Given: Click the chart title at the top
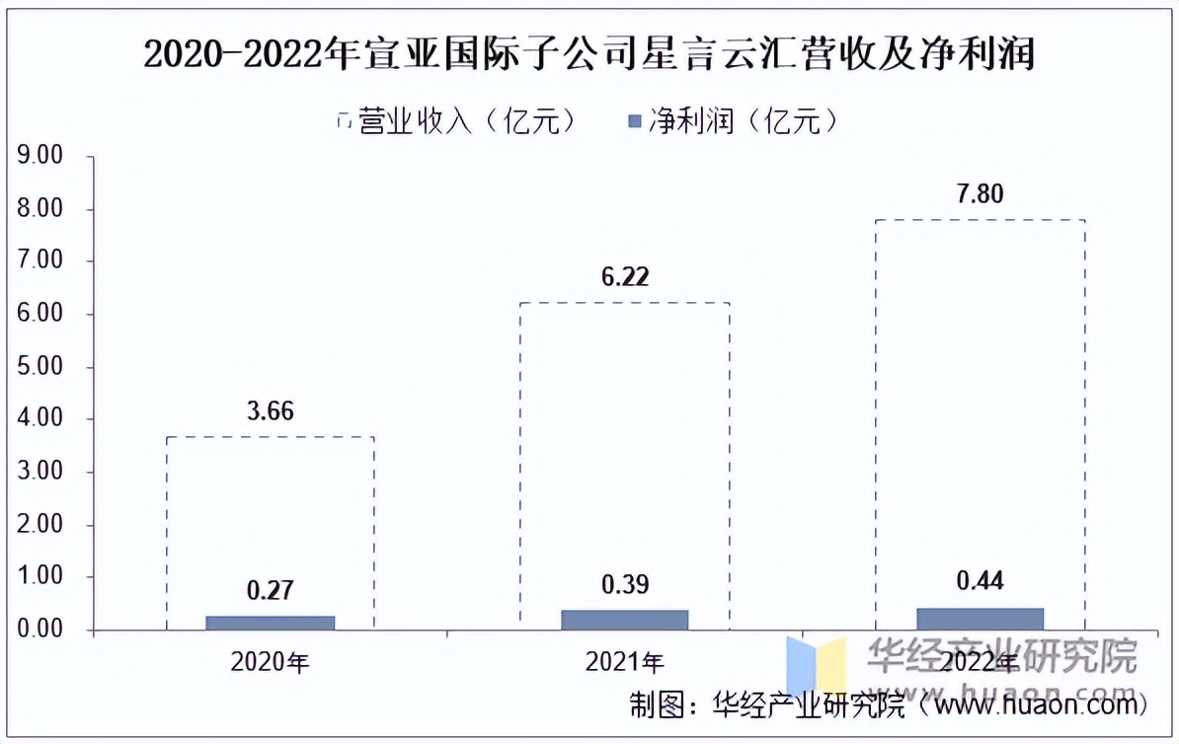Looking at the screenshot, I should [x=589, y=53].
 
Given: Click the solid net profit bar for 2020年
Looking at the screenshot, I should [x=271, y=623].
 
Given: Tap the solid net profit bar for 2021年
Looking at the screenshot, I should [x=624, y=620].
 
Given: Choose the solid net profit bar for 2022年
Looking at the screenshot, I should [x=980, y=619].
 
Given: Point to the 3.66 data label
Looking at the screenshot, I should [x=270, y=411].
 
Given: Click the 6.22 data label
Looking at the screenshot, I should [x=624, y=277].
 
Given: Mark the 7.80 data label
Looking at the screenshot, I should [x=980, y=194].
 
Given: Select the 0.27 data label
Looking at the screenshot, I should [x=270, y=591].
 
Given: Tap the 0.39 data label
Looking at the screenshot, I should [x=624, y=585].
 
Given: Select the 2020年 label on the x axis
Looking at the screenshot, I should [x=270, y=662].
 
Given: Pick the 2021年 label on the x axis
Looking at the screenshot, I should [x=624, y=662].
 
